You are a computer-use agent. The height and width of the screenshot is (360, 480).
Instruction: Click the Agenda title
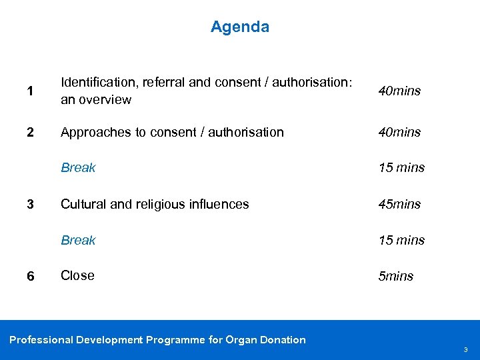(240, 27)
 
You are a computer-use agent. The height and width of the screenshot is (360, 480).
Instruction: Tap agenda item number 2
(30, 132)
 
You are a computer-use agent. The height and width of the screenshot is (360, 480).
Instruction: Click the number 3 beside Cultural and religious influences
(30, 204)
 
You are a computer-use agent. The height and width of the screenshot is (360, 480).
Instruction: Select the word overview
(105, 100)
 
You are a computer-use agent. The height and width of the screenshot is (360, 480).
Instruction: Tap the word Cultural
(83, 204)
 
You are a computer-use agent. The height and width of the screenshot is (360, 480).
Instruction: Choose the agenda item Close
(77, 275)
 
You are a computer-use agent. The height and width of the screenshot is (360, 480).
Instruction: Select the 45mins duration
(399, 204)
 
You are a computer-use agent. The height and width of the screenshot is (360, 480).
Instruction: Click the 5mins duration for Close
(396, 276)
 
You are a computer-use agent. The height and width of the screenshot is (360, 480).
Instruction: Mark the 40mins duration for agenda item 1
(399, 91)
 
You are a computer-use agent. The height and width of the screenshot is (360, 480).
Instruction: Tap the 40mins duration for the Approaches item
(399, 133)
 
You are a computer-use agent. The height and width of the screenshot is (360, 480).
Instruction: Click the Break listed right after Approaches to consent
(78, 168)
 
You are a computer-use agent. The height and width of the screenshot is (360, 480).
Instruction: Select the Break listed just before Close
(78, 240)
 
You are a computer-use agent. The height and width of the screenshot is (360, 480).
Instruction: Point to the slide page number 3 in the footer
(465, 349)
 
